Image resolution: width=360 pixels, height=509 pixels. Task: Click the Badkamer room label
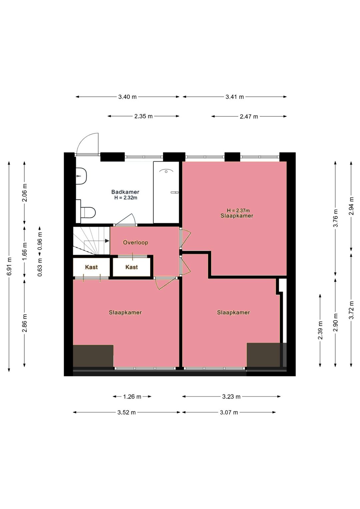point(125,192)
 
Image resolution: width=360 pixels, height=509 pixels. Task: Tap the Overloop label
point(136,242)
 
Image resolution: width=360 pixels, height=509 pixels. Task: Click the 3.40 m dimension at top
point(127,97)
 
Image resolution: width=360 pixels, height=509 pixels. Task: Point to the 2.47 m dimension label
point(249,116)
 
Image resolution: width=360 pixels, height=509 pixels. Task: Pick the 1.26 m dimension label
point(132,397)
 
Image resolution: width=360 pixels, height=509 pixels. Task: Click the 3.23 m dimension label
point(231,397)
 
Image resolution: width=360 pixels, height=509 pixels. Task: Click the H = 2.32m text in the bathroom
point(126,198)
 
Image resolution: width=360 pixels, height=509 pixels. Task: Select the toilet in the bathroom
point(88,212)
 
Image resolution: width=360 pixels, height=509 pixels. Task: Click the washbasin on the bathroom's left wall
point(81,176)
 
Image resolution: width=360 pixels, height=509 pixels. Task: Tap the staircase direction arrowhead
point(107,241)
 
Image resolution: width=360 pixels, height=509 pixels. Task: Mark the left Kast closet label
point(91,267)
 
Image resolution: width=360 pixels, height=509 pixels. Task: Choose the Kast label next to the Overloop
point(132,267)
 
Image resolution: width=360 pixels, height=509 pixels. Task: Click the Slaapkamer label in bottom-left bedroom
point(125,313)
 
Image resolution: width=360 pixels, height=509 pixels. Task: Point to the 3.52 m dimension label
point(127,412)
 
